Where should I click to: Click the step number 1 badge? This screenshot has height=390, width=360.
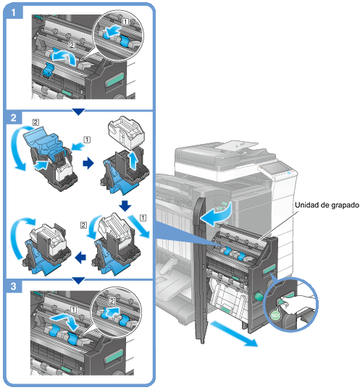click(14, 12)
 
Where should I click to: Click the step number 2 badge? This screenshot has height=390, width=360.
click(14, 117)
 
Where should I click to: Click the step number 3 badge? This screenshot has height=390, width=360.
click(14, 287)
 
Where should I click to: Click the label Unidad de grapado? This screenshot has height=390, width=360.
click(327, 205)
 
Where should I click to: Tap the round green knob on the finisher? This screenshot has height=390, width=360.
click(259, 296)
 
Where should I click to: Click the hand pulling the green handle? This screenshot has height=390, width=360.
click(296, 305)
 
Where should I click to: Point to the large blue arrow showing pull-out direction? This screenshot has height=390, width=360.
click(233, 334)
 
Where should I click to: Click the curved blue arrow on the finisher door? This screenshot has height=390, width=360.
click(217, 214)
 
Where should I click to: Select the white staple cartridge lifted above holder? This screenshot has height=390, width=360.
click(126, 132)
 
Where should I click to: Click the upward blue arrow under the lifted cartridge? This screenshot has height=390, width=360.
click(133, 161)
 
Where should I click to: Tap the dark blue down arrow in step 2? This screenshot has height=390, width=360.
click(125, 205)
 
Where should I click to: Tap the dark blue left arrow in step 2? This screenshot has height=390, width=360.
click(80, 257)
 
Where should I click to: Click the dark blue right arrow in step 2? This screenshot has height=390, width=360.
click(88, 164)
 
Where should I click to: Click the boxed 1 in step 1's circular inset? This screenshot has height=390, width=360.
click(126, 22)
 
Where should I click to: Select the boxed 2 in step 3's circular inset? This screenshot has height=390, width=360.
click(112, 301)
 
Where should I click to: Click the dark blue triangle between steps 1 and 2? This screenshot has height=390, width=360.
click(79, 111)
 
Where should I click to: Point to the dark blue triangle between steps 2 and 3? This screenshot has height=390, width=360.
click(79, 281)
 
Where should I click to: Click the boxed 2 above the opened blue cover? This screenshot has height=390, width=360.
click(35, 122)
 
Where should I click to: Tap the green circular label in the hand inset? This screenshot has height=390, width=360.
click(275, 315)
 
